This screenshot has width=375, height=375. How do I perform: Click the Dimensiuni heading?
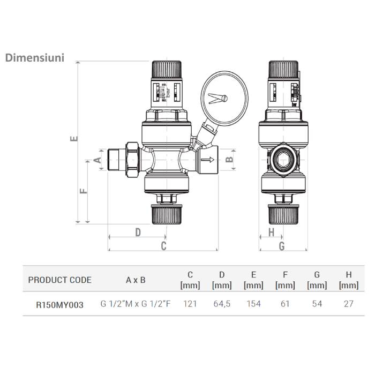pyautogui.click(x=35, y=57)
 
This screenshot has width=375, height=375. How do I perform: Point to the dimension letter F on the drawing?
pyautogui.click(x=84, y=191)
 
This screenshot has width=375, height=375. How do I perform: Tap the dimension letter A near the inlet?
pyautogui.click(x=97, y=160)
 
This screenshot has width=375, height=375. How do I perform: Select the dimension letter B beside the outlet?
pyautogui.click(x=229, y=160)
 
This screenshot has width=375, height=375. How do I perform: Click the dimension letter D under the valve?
pyautogui.click(x=137, y=232)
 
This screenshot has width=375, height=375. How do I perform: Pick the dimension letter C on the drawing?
pyautogui.click(x=164, y=246)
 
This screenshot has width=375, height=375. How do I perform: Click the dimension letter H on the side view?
pyautogui.click(x=271, y=232)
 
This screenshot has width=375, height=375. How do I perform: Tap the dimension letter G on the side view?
pyautogui.click(x=282, y=246)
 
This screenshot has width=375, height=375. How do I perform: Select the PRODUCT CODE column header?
pyautogui.click(x=59, y=280)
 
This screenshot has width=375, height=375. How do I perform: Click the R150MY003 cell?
pyautogui.click(x=59, y=304)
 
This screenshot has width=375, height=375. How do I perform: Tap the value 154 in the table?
pyautogui.click(x=253, y=304)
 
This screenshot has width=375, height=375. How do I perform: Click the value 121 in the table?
pyautogui.click(x=190, y=304)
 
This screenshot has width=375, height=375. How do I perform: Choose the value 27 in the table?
pyautogui.click(x=349, y=304)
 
